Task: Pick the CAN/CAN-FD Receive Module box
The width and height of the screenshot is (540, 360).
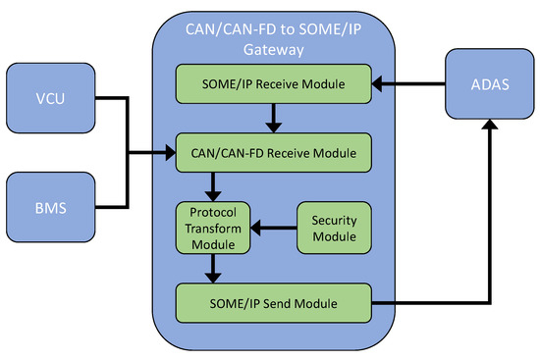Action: pos(274,152)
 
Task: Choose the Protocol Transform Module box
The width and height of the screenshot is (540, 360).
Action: pos(214,230)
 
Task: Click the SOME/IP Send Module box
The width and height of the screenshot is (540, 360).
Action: pos(274,303)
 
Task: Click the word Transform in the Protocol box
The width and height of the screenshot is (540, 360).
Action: pos(214,230)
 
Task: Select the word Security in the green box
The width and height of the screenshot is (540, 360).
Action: pos(333,221)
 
